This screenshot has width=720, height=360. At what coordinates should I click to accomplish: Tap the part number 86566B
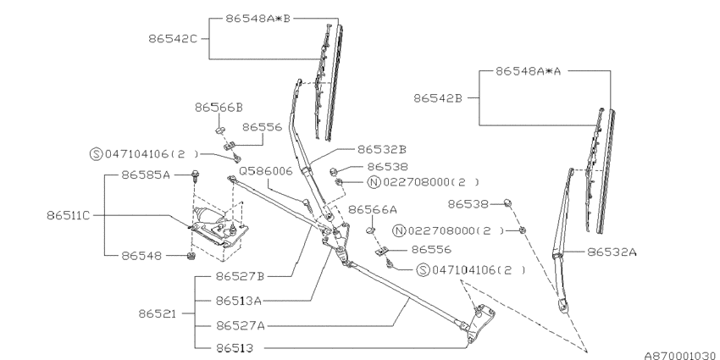(219, 108)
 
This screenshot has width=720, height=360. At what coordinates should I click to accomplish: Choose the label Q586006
(265, 170)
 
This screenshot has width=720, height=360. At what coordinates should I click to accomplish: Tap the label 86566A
(373, 209)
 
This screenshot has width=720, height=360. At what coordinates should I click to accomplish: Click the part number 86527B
(241, 276)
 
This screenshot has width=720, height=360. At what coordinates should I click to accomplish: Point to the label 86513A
(241, 300)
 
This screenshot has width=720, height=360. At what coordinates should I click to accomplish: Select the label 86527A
(241, 324)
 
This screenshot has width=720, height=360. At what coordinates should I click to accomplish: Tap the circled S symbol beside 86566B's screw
(96, 154)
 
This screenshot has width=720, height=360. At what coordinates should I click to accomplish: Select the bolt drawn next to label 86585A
(197, 176)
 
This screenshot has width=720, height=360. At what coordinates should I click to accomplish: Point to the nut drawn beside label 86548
(191, 255)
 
